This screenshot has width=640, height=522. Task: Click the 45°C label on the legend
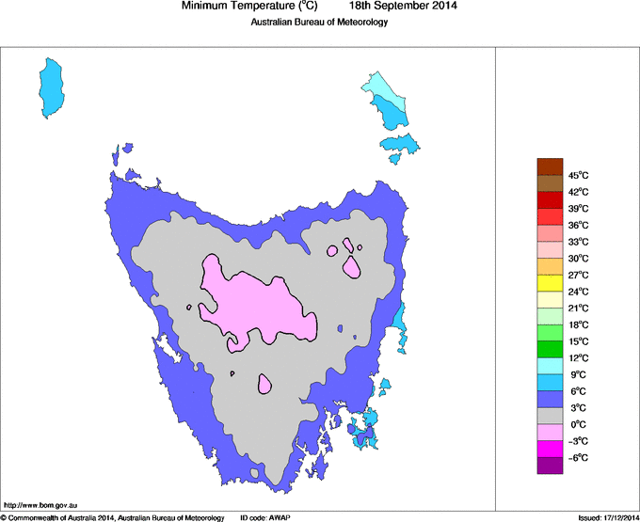(x=578, y=175)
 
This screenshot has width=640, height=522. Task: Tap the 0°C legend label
(x=578, y=424)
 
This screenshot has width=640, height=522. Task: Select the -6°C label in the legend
(x=578, y=457)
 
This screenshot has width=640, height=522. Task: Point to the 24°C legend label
(x=578, y=292)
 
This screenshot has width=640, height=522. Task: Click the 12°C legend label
(x=578, y=358)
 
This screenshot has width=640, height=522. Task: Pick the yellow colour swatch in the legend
(x=550, y=283)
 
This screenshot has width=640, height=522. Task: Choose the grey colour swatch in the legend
(x=550, y=416)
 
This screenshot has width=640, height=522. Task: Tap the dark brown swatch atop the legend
(x=550, y=166)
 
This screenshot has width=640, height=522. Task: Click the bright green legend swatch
(x=550, y=349)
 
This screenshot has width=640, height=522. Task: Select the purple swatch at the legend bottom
(x=550, y=465)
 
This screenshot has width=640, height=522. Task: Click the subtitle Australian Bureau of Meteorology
(x=319, y=23)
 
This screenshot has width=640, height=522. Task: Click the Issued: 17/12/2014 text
(x=607, y=517)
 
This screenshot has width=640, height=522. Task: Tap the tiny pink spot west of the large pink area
(x=190, y=307)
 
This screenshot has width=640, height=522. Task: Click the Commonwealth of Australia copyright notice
(x=112, y=517)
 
